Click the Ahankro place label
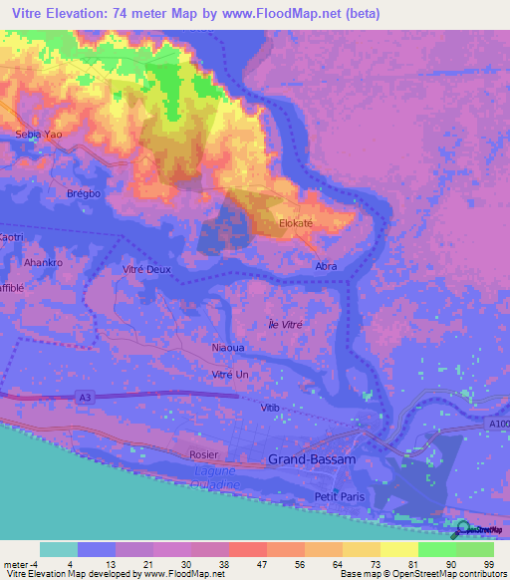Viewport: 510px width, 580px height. click(43, 263)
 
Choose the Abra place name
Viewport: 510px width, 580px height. click(326, 267)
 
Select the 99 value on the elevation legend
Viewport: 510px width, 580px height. click(488, 563)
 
